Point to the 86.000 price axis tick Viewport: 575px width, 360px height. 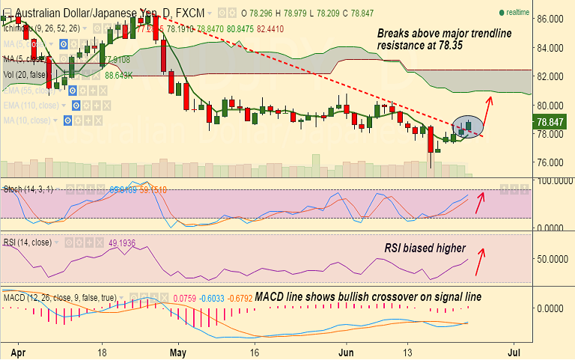(552, 19)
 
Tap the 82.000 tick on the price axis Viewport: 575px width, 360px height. (552, 76)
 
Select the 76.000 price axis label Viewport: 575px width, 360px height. (552, 162)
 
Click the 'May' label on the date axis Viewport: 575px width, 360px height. (177, 350)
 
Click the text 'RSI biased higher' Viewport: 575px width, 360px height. (426, 248)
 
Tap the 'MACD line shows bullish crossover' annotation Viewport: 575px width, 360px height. (368, 297)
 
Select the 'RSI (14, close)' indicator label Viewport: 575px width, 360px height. (31, 242)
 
